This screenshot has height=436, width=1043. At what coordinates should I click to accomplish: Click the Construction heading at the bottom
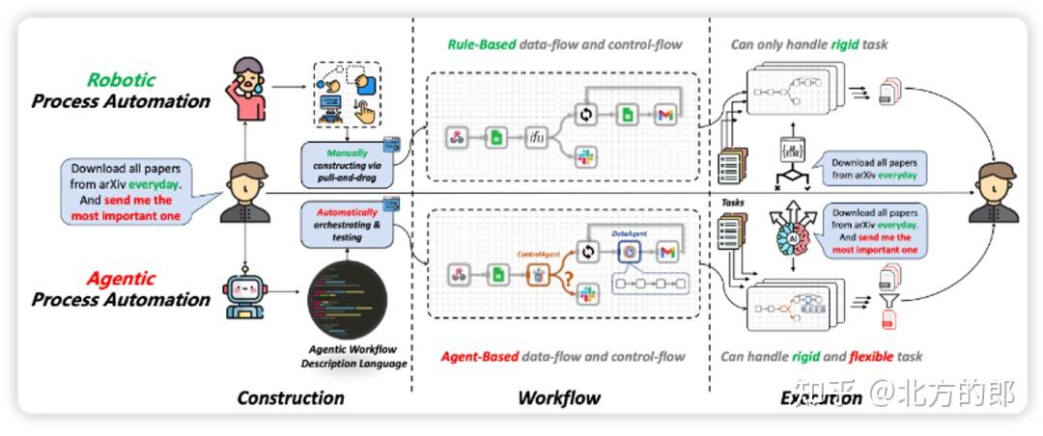(x=290, y=397)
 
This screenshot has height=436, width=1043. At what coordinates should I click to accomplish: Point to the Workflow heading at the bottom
(x=559, y=397)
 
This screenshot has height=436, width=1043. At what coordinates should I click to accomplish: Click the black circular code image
(x=346, y=300)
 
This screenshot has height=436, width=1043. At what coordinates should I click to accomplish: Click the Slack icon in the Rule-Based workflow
(x=583, y=155)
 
